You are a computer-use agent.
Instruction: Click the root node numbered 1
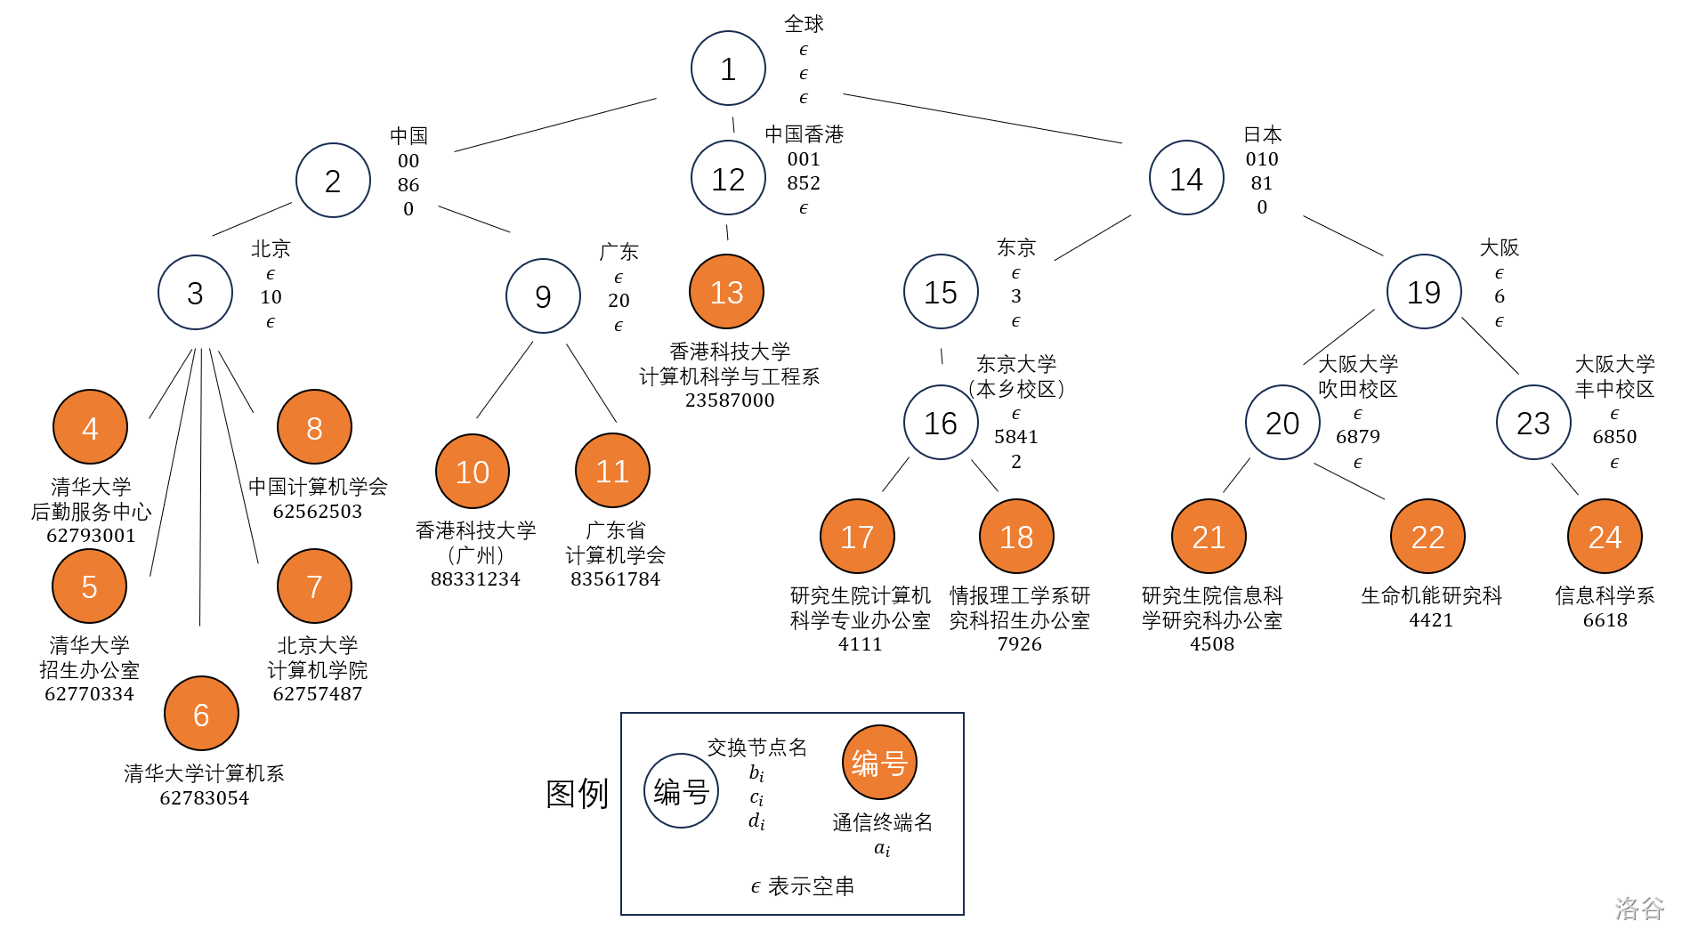(x=728, y=69)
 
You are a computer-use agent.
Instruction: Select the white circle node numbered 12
(x=728, y=179)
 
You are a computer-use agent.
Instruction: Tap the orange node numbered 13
(x=726, y=292)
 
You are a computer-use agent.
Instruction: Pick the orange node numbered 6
(x=201, y=714)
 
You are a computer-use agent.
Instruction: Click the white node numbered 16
(x=941, y=423)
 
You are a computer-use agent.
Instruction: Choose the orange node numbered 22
(x=1427, y=537)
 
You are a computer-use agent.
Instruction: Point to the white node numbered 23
(x=1533, y=423)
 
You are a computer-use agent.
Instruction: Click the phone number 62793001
(x=91, y=536)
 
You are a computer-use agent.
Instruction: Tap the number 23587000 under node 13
(x=730, y=400)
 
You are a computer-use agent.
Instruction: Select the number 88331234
(x=475, y=579)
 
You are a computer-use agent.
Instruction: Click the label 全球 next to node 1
(x=804, y=24)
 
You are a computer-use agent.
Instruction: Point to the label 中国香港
(x=804, y=134)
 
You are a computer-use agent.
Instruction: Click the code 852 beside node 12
(x=804, y=183)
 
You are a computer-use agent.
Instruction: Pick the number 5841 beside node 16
(x=1016, y=437)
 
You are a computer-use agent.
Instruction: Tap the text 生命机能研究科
(x=1431, y=596)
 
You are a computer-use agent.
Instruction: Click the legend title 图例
(x=577, y=794)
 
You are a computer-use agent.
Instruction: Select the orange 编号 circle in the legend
(x=879, y=763)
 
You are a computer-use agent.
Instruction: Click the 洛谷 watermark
(x=1639, y=908)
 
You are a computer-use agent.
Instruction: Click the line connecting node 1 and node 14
(x=982, y=118)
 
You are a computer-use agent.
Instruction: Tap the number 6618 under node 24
(x=1605, y=620)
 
